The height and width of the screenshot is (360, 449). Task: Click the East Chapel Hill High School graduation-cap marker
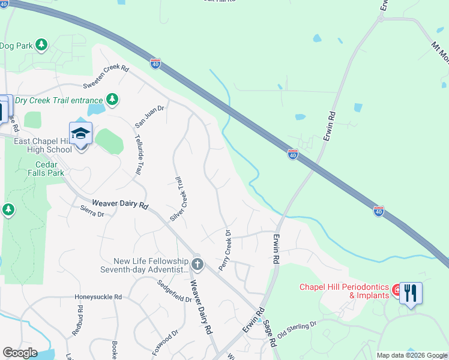(80, 133)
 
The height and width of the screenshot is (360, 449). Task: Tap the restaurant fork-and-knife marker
(411, 293)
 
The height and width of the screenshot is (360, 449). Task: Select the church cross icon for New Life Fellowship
(197, 263)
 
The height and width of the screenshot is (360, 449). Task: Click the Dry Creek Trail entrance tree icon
(112, 99)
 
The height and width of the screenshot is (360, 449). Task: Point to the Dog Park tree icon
(41, 44)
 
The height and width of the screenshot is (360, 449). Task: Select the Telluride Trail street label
(137, 153)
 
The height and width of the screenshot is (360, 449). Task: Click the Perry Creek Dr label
(225, 250)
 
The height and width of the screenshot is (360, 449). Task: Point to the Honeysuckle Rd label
(98, 297)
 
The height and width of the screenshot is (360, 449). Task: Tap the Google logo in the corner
(20, 353)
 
